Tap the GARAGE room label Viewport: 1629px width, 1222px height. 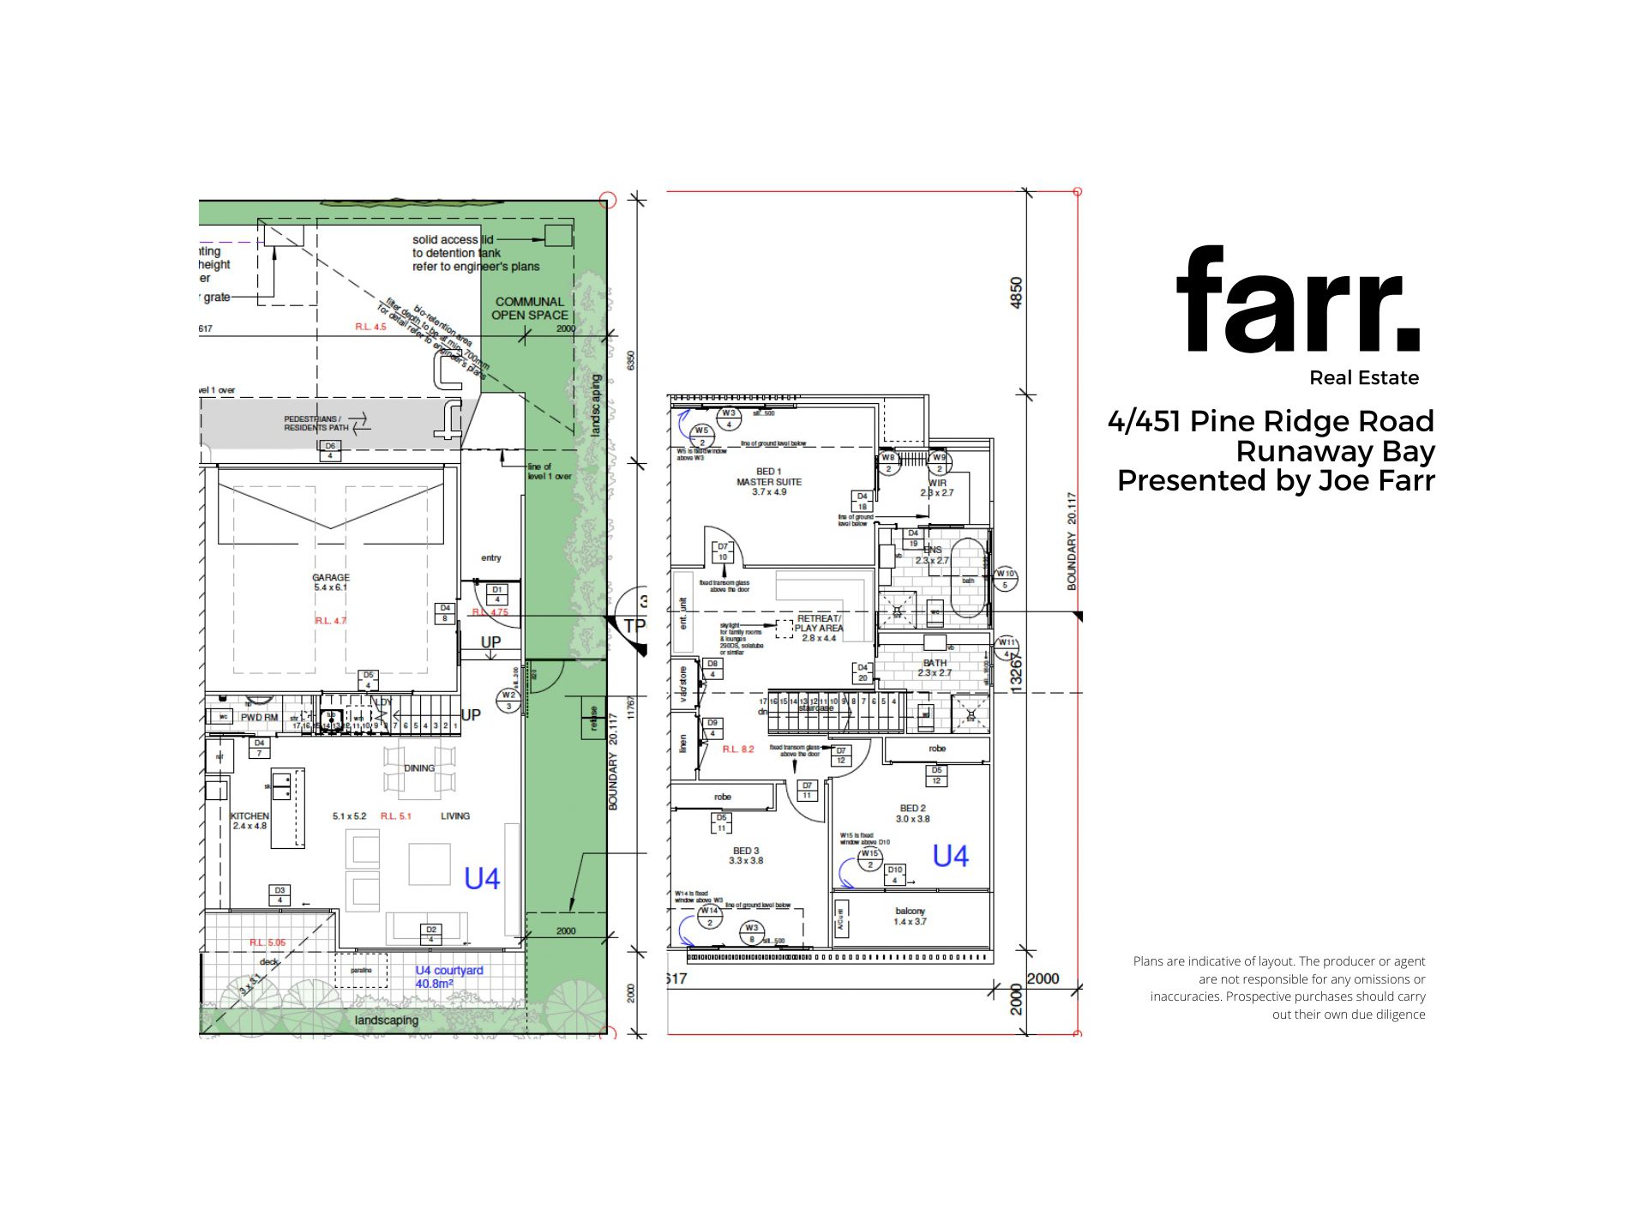[x=331, y=582]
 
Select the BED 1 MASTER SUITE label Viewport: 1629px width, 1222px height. [x=769, y=482]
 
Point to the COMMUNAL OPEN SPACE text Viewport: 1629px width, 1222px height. [x=529, y=308]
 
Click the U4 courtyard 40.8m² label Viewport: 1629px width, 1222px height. [x=448, y=977]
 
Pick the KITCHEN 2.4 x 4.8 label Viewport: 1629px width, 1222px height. [x=249, y=821]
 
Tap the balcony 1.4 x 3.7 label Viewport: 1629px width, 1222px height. [x=910, y=917]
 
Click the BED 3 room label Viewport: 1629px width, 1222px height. [x=745, y=856]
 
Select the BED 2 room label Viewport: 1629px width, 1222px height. [x=912, y=813]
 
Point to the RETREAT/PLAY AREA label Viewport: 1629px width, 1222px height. [x=819, y=628]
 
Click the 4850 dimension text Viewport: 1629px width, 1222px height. [x=1016, y=292]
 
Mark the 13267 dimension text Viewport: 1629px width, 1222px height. [x=1016, y=671]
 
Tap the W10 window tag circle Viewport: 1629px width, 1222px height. [x=1005, y=579]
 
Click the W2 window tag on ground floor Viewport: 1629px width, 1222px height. [x=508, y=701]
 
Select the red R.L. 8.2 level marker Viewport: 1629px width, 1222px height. [x=737, y=749]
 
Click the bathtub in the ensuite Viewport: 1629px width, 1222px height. [x=968, y=578]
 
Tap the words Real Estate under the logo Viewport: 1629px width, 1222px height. [x=1363, y=378]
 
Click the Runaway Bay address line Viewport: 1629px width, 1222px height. [x=1335, y=451]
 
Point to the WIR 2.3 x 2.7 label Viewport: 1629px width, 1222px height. [x=937, y=488]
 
